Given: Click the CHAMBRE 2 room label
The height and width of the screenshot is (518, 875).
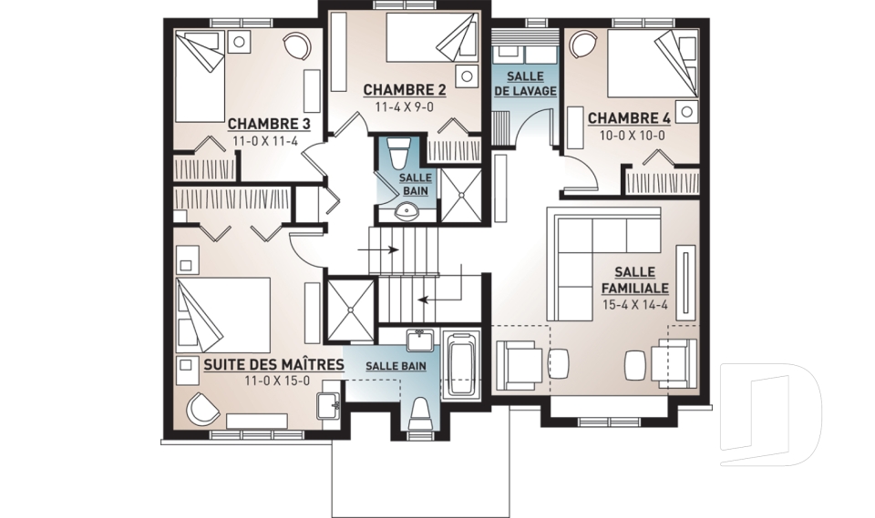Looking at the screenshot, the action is click(x=405, y=90).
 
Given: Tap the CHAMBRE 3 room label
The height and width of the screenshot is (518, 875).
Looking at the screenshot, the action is click(x=269, y=123).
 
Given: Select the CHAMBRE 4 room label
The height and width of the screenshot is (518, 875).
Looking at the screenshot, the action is click(x=629, y=118).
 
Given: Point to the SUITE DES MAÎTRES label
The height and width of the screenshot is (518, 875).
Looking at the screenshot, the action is click(x=273, y=365).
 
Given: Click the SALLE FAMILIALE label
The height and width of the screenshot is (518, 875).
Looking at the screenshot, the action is click(x=635, y=280).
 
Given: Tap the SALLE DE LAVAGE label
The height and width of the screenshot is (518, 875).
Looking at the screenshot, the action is click(x=525, y=84).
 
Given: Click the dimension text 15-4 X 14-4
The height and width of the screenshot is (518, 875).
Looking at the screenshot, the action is click(x=635, y=305).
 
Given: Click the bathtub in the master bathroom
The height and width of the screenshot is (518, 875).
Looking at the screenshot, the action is click(x=460, y=364).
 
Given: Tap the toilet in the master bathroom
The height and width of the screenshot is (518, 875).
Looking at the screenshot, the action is click(x=419, y=413).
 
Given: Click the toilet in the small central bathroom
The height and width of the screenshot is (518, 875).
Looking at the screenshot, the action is click(x=399, y=152).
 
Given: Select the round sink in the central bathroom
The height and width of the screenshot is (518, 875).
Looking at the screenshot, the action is click(x=406, y=211).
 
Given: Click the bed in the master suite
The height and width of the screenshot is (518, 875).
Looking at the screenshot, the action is click(x=223, y=315).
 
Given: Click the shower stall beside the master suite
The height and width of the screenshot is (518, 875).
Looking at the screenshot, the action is click(x=350, y=310).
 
